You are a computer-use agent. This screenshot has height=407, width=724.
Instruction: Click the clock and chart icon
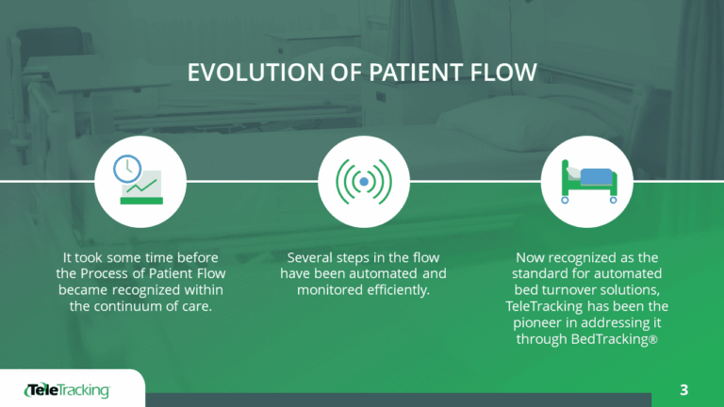(139, 180)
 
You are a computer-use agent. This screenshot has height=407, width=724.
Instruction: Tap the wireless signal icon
(364, 180)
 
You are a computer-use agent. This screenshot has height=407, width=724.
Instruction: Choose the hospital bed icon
(585, 180)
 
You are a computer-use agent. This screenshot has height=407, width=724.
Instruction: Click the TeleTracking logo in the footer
(67, 390)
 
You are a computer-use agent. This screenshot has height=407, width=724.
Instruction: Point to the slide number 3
(683, 389)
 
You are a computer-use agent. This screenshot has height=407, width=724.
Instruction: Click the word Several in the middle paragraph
(311, 256)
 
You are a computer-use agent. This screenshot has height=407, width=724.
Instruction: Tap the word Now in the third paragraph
(532, 256)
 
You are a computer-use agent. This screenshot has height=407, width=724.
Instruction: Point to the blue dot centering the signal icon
(364, 180)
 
